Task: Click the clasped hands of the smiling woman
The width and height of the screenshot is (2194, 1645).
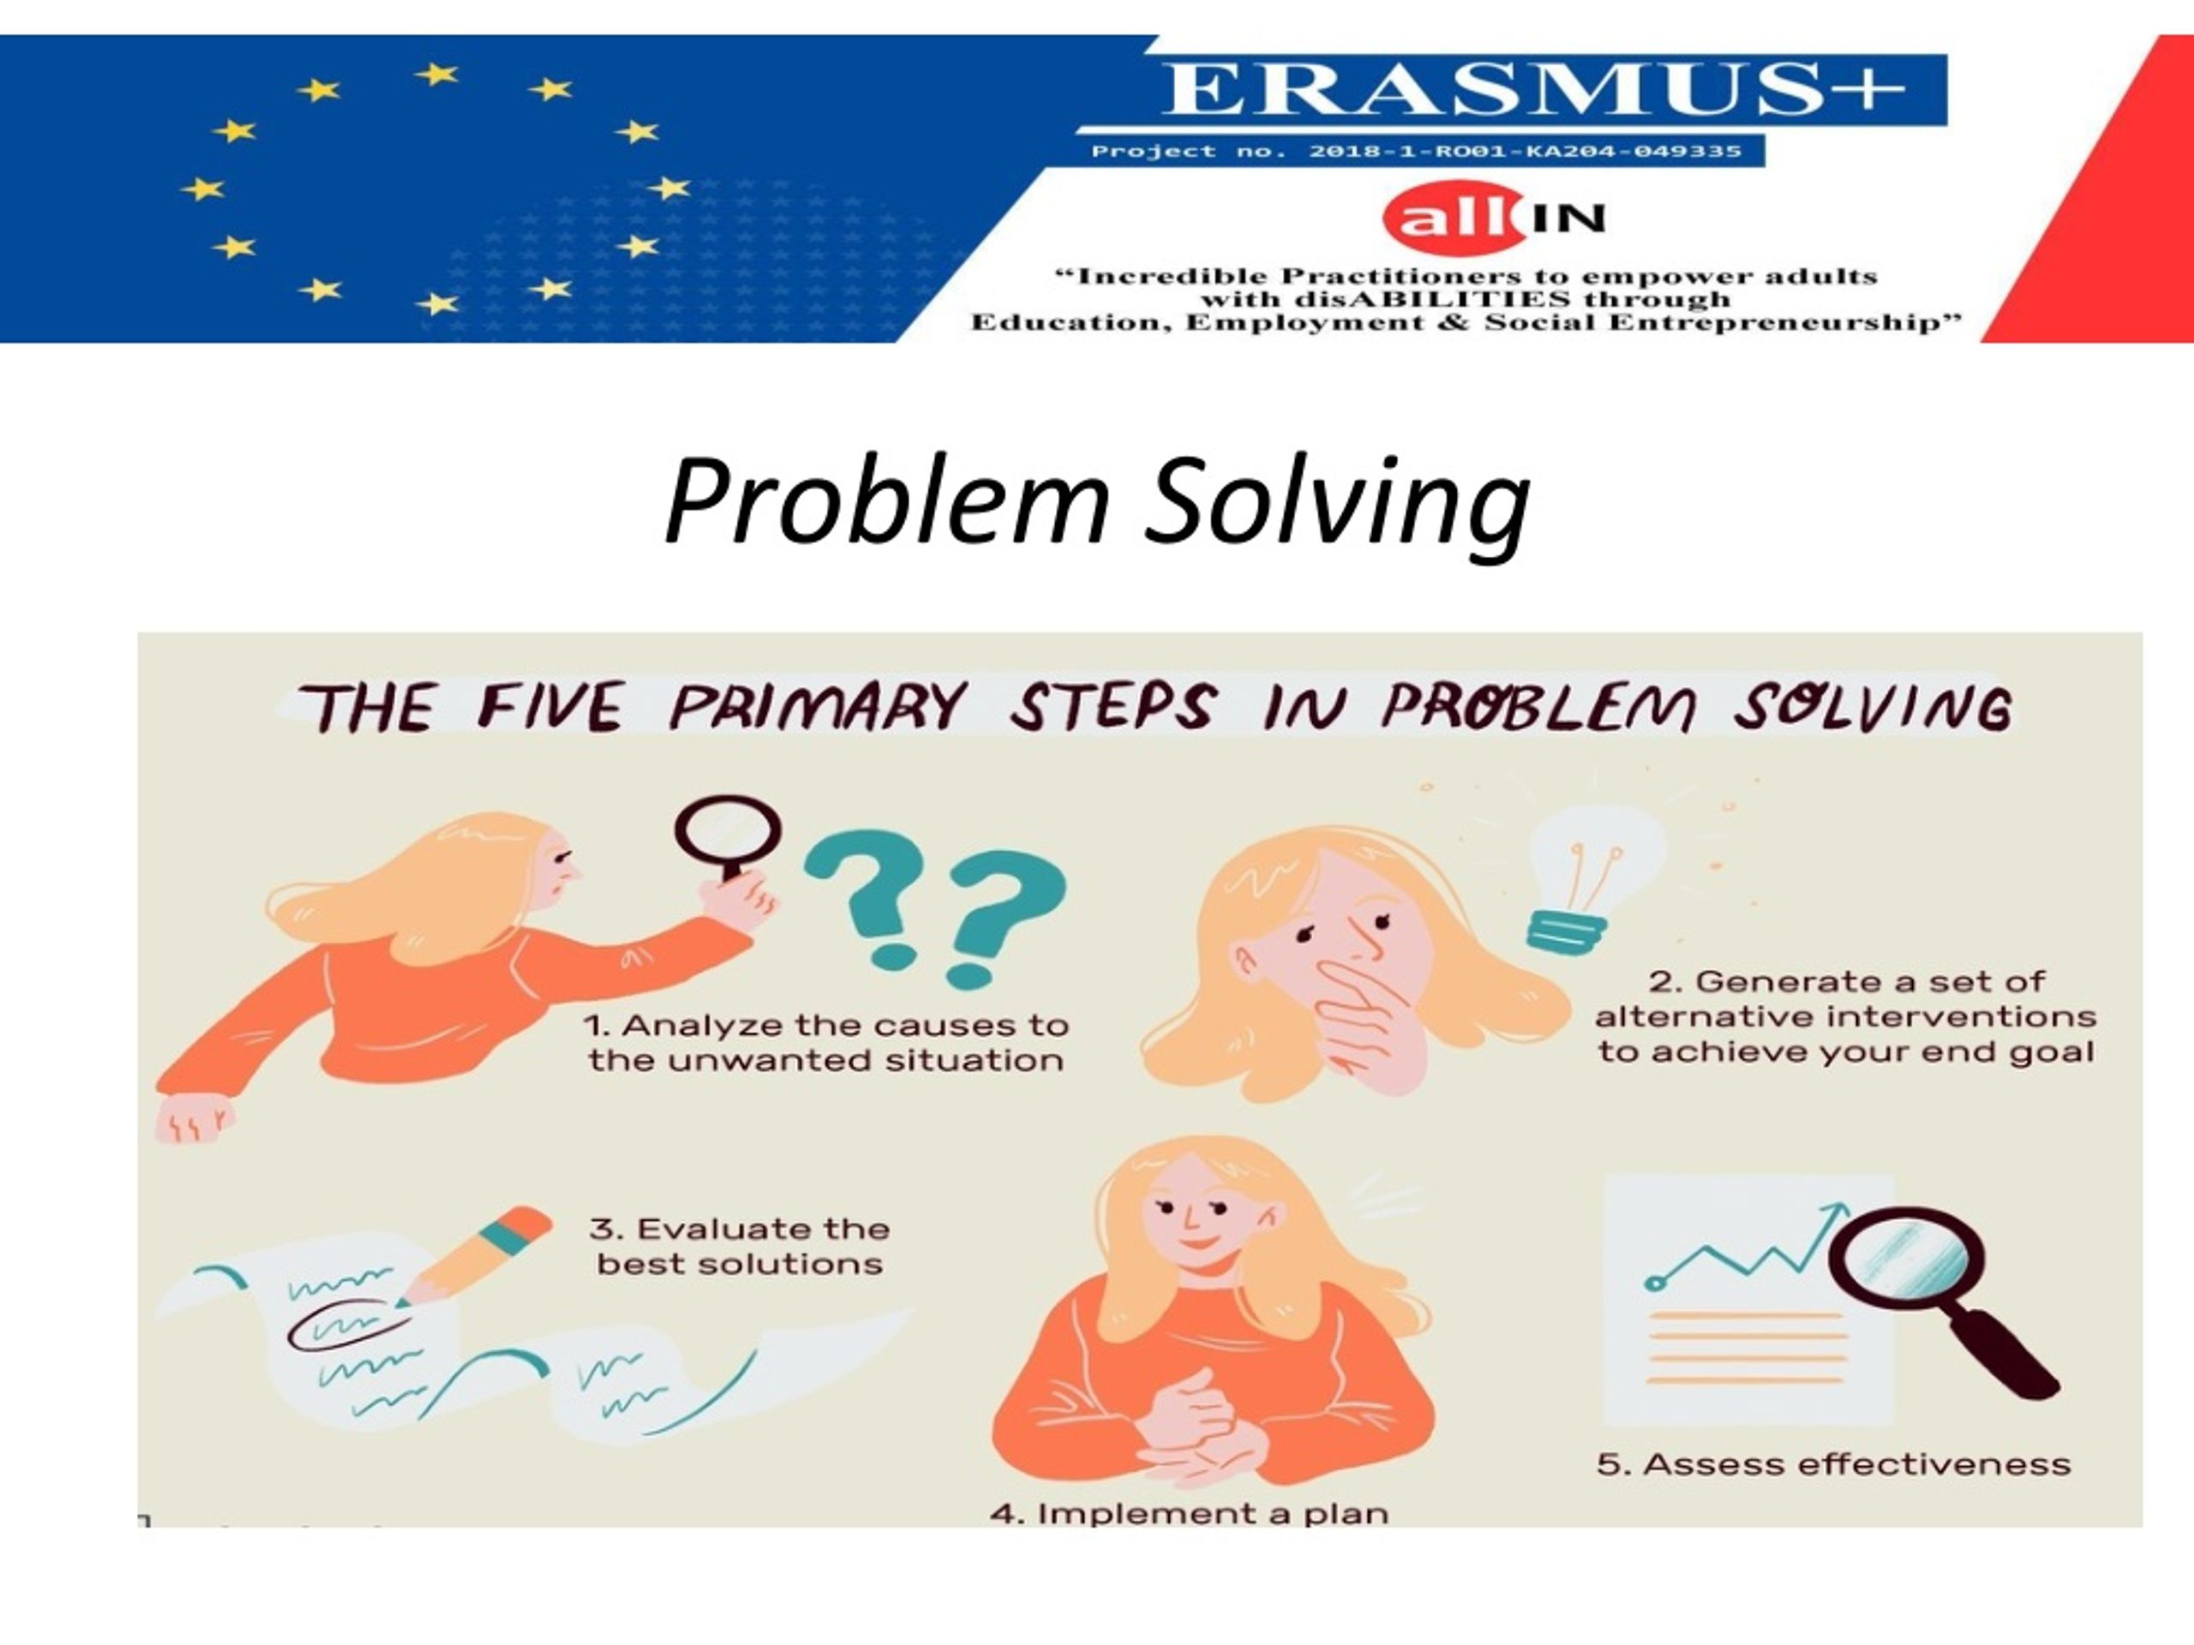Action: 1200,1428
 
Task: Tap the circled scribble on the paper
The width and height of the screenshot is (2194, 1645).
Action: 346,1325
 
